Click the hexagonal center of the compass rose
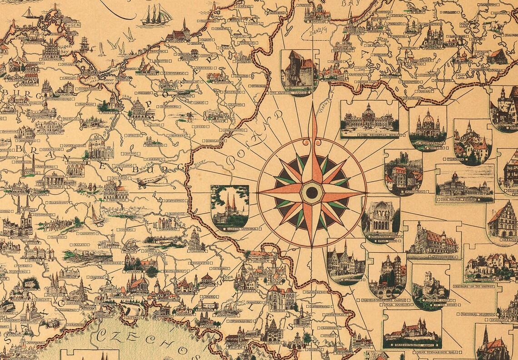(312, 192)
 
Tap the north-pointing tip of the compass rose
(312, 105)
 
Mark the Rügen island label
(70, 25)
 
